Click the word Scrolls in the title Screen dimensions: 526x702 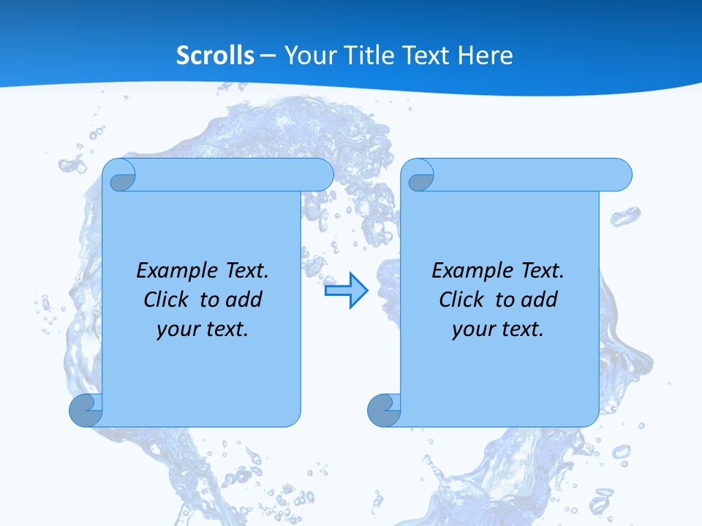click(x=216, y=56)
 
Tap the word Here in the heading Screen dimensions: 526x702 click(x=486, y=56)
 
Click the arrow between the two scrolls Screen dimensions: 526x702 click(x=346, y=291)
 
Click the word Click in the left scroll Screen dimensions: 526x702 click(x=167, y=300)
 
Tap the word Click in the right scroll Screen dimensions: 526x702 click(x=462, y=300)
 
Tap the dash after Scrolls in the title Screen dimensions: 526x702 click(x=268, y=56)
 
